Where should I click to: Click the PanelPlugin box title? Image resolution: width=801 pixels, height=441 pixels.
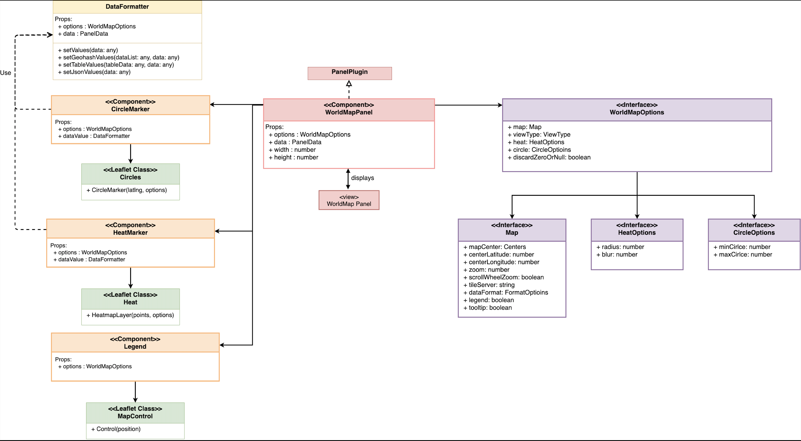point(350,72)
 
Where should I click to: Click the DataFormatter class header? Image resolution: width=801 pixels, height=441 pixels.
point(127,6)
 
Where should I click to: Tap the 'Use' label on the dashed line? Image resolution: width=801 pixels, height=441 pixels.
point(5,73)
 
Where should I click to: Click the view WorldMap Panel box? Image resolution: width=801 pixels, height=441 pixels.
point(348,200)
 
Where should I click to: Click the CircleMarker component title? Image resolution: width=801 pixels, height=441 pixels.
point(130,105)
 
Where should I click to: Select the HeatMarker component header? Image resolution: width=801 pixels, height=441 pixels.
point(130,229)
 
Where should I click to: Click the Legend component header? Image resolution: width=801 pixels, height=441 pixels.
point(135,343)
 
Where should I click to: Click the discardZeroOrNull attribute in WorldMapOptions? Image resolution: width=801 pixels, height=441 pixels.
point(551,157)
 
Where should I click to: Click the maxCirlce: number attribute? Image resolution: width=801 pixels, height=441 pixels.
point(745,254)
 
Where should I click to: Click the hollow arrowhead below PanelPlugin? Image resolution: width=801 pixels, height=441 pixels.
point(349,84)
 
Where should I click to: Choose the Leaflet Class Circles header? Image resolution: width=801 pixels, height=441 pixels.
point(130,174)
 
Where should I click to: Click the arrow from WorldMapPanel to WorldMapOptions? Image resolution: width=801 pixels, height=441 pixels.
point(468,105)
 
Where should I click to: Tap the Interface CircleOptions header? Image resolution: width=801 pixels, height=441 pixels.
point(754,229)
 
